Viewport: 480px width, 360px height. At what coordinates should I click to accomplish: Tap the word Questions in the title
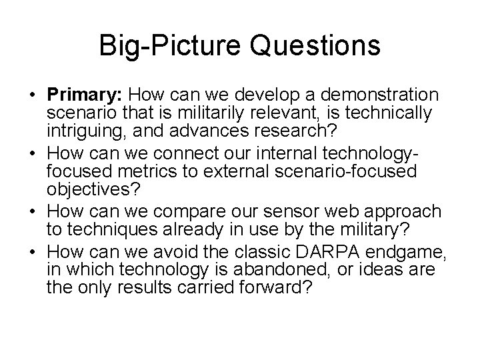tap(311, 46)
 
